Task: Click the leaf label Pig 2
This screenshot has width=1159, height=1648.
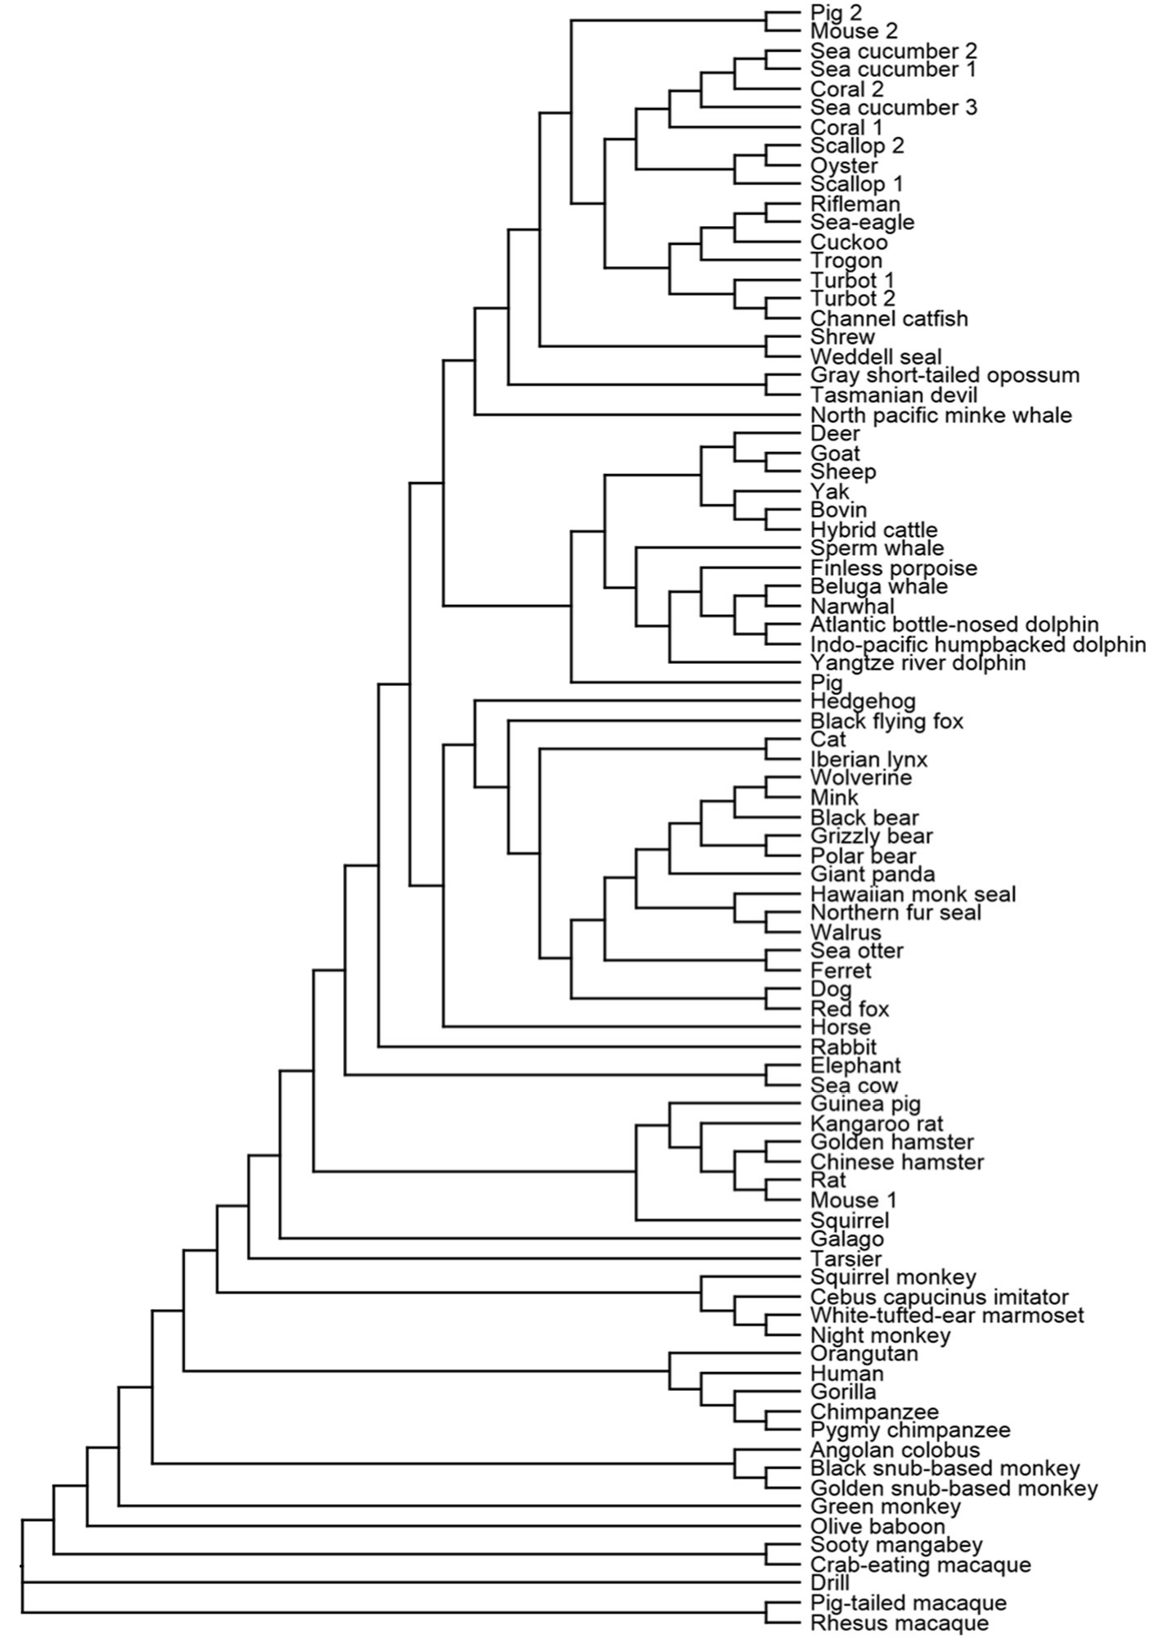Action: tap(837, 12)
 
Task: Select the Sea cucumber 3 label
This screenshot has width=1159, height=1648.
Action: tap(894, 108)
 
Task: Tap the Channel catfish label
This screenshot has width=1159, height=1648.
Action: tap(889, 318)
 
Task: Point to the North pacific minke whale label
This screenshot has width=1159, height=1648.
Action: tap(941, 415)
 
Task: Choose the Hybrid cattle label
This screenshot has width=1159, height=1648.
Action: tap(874, 531)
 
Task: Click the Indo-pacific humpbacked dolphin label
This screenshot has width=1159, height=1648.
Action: tap(978, 645)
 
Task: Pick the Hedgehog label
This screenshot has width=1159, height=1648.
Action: tap(863, 702)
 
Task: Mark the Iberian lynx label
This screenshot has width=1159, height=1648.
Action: tap(869, 760)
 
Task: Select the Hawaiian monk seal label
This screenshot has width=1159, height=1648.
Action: tap(913, 894)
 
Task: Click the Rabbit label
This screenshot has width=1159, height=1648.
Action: tap(844, 1047)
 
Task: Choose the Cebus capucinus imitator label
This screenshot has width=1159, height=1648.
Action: tap(940, 1297)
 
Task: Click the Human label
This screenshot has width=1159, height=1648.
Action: tap(847, 1373)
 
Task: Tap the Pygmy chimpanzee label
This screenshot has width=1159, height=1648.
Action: tap(910, 1430)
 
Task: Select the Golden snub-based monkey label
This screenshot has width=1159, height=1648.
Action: tap(954, 1488)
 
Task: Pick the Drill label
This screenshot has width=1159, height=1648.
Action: tap(830, 1583)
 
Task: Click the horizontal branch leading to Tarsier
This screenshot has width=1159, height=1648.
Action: tap(524, 1258)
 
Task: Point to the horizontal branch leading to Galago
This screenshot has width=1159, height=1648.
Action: tap(540, 1239)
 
